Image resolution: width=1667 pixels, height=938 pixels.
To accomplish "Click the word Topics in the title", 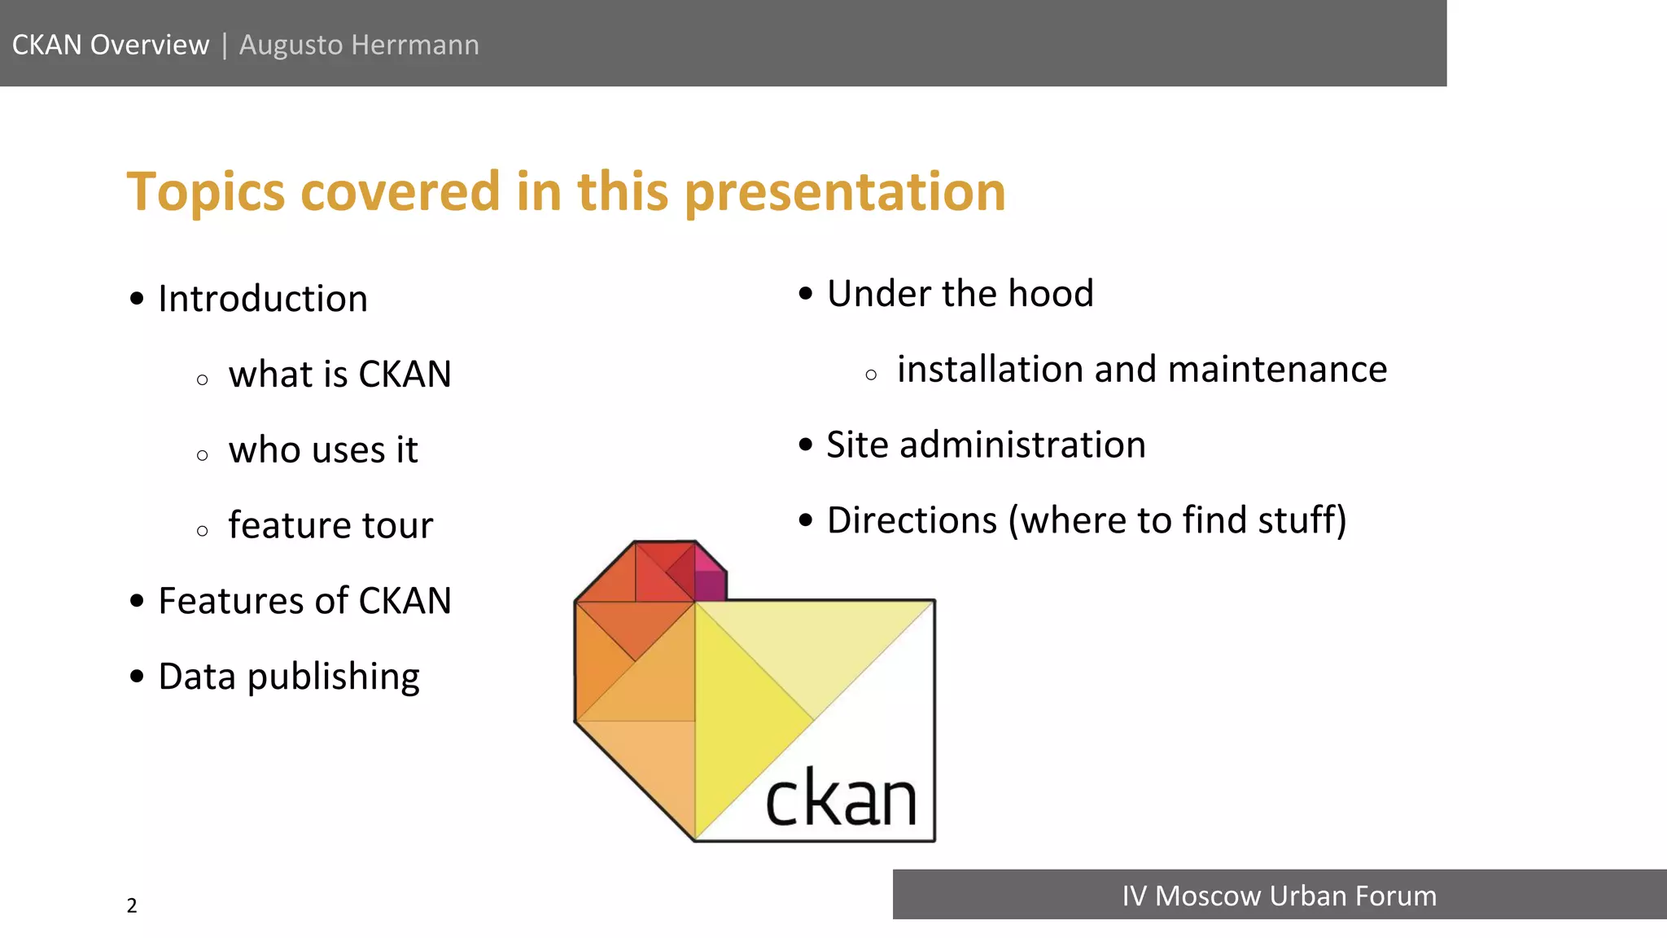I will [206, 192].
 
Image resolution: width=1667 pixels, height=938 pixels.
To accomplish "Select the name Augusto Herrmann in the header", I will [359, 45].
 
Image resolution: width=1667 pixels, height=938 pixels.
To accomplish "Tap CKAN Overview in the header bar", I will [111, 45].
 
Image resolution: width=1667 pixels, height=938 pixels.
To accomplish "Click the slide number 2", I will [132, 905].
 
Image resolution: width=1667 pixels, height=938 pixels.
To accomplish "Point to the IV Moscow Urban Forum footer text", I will [1279, 896].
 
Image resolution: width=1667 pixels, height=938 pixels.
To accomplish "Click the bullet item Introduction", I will [262, 299].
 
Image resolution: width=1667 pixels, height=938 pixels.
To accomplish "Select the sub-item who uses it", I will [323, 450].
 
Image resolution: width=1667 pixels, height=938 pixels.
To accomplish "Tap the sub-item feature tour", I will [330, 525].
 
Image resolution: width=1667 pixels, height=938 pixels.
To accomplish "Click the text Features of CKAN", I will [304, 601].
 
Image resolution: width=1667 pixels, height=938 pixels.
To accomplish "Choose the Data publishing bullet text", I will [289, 677].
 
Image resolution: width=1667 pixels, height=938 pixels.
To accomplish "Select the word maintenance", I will [1277, 370].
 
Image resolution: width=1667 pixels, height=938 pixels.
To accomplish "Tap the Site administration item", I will [986, 445].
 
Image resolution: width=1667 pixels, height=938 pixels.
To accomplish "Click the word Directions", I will [912, 520].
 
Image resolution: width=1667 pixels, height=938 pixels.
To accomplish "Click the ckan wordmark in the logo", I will [841, 799].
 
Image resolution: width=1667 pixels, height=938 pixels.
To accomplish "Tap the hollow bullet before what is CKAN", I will [203, 379].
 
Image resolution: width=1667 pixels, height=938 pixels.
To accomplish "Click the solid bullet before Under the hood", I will [806, 294].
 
